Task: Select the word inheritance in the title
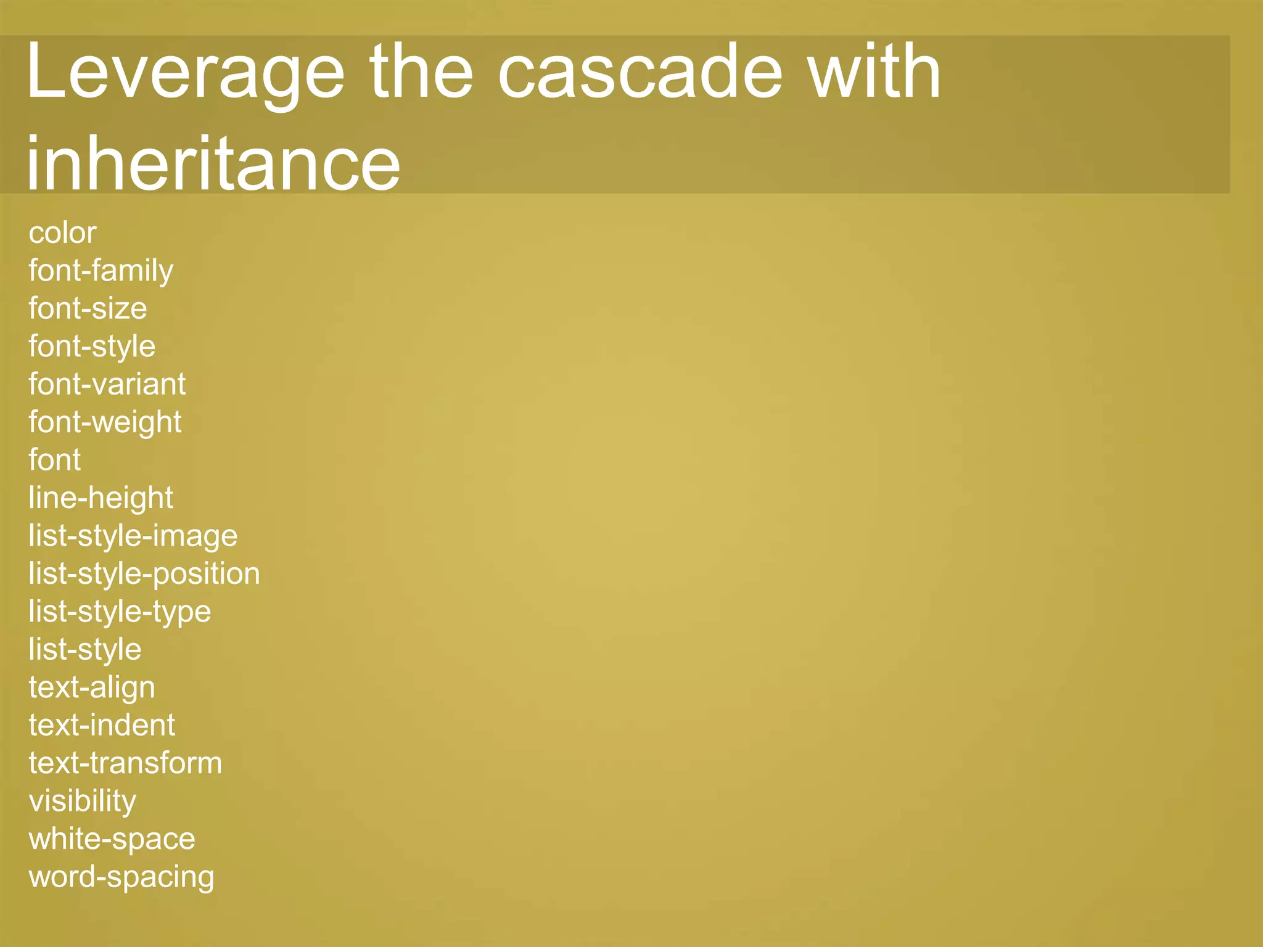[213, 163]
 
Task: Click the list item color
[62, 233]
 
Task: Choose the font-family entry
[101, 271]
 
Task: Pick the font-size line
[88, 309]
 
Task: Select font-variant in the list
[107, 385]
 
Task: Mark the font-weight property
[105, 422]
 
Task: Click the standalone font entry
[54, 460]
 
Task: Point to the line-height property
[101, 498]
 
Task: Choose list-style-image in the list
[133, 536]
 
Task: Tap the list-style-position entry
[144, 574]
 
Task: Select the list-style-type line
[120, 612]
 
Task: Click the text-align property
[92, 687]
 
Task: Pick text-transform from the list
[125, 763]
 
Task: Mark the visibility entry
[82, 801]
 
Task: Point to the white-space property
[112, 839]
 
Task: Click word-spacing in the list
[121, 877]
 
